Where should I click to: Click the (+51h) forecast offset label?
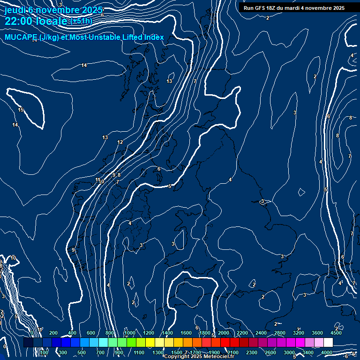tap(81, 21)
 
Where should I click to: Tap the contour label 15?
tap(21, 110)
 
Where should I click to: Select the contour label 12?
tap(120, 142)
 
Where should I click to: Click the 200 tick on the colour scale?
tap(53, 333)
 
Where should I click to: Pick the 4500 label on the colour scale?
tap(336, 333)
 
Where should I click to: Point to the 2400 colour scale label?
tap(261, 333)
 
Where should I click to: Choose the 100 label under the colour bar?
tap(44, 352)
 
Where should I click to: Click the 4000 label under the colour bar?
tap(327, 352)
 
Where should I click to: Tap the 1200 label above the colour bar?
tap(148, 333)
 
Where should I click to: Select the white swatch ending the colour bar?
tap(328, 343)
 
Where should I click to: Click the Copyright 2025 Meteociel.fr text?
tap(199, 357)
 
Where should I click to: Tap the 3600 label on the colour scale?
tap(317, 333)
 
